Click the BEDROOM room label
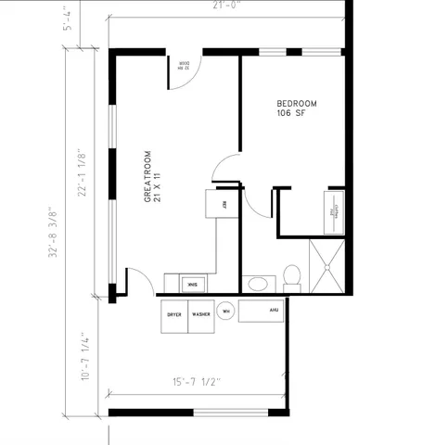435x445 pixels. (x=297, y=103)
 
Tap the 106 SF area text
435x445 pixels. (x=289, y=113)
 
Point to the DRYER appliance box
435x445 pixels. (x=174, y=314)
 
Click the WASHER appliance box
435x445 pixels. (x=201, y=314)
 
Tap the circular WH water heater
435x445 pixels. (x=225, y=312)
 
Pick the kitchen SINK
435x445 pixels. (x=189, y=283)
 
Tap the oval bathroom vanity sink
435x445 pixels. (x=257, y=284)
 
